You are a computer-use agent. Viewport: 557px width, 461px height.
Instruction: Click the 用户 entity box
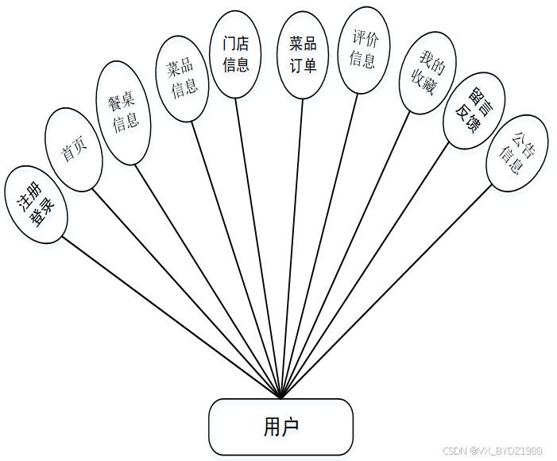click(x=280, y=427)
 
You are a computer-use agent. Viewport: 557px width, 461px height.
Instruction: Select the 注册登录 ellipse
click(x=35, y=204)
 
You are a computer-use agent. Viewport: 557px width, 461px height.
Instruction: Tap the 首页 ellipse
click(x=73, y=149)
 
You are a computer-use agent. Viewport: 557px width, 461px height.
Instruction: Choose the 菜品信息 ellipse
click(x=182, y=79)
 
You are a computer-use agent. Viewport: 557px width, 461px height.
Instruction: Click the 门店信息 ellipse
click(x=236, y=55)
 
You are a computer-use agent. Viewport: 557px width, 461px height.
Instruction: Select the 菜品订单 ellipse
click(x=303, y=55)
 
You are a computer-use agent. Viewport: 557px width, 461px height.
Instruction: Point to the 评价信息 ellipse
click(x=362, y=48)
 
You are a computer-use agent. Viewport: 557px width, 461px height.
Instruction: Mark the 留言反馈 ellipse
click(x=473, y=111)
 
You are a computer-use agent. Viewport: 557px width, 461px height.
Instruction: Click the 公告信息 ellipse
click(x=516, y=153)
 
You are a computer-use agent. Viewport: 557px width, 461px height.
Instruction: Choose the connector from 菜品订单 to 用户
click(x=292, y=238)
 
